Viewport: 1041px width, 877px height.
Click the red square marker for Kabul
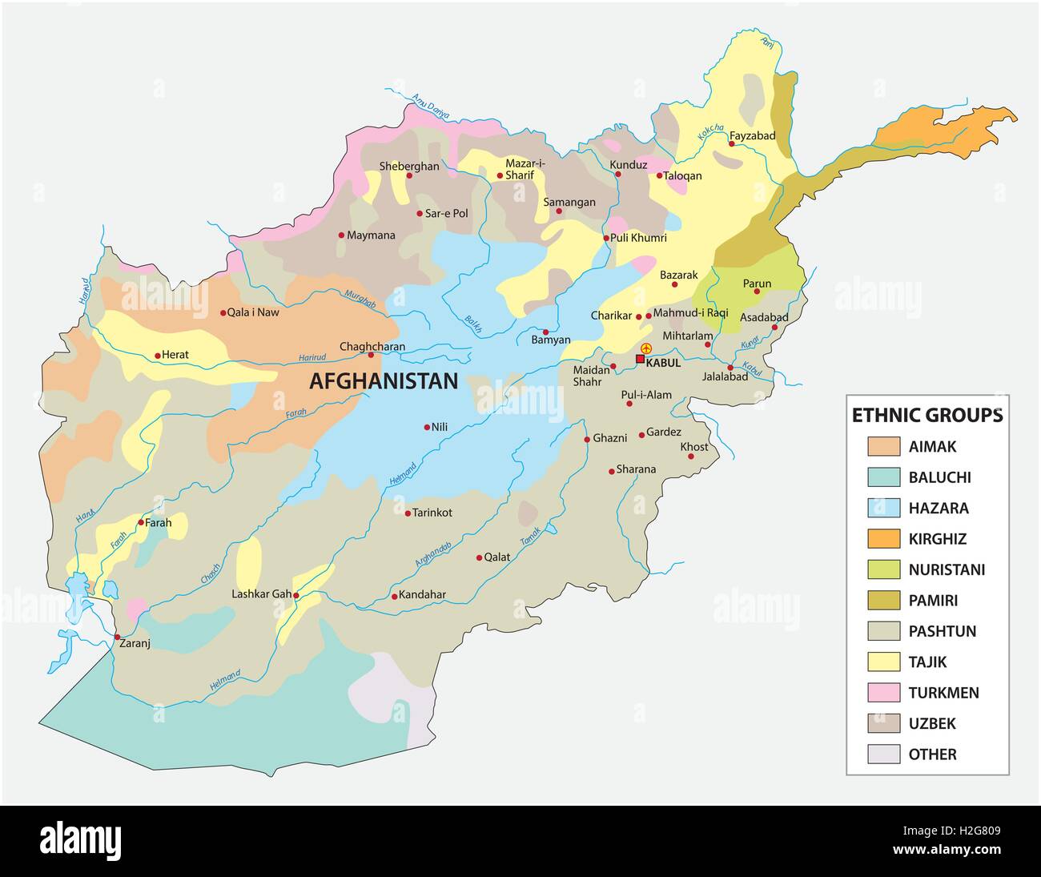(x=640, y=360)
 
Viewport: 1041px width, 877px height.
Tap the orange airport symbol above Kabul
(x=646, y=348)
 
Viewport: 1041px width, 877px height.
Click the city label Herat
(x=178, y=355)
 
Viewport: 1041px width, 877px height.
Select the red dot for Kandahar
(x=394, y=596)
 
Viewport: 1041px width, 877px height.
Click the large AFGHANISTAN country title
(x=384, y=381)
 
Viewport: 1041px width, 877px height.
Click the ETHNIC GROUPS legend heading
(x=926, y=415)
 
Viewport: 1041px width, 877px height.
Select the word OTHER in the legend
(x=932, y=754)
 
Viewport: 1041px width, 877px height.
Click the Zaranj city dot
(x=118, y=637)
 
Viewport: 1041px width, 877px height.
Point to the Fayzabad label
(x=752, y=135)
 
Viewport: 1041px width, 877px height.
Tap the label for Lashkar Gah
(x=261, y=594)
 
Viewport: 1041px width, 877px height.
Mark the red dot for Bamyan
(x=545, y=332)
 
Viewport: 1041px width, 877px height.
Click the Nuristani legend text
(x=947, y=569)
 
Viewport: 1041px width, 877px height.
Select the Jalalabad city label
(x=725, y=376)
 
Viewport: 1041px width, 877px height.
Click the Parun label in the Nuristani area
(x=757, y=283)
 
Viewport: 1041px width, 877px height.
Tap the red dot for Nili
(x=426, y=427)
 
